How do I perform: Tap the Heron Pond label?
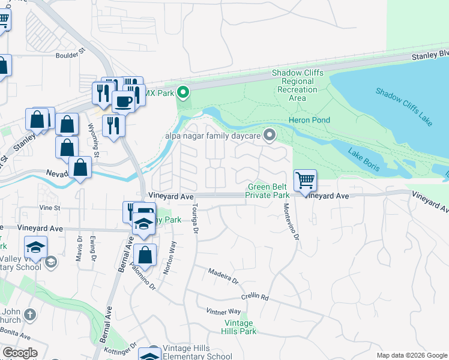309,120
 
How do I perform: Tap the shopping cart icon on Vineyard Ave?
305,181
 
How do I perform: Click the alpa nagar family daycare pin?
270,136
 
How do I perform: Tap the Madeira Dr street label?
223,275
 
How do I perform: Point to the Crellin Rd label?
255,297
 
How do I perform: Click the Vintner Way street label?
223,311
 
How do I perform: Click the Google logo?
20,353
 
